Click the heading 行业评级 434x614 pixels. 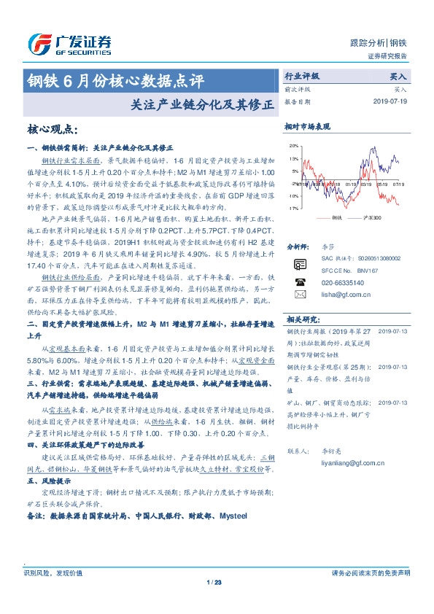301,75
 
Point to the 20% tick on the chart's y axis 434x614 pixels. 294,146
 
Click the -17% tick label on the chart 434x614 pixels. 293,209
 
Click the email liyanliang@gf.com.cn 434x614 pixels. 353,462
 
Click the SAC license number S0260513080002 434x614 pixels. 365,279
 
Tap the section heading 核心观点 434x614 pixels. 52,129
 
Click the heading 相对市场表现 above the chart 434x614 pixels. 307,127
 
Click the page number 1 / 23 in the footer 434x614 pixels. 214,581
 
